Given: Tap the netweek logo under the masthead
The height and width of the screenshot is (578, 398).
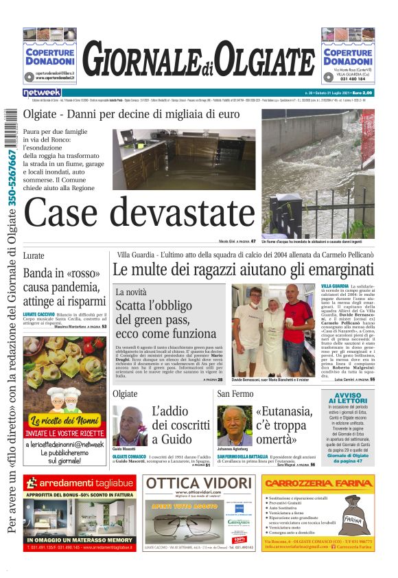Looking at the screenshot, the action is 42,92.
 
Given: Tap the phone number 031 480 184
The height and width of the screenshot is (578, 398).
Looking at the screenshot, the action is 347,78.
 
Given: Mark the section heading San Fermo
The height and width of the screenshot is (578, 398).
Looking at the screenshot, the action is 235,393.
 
